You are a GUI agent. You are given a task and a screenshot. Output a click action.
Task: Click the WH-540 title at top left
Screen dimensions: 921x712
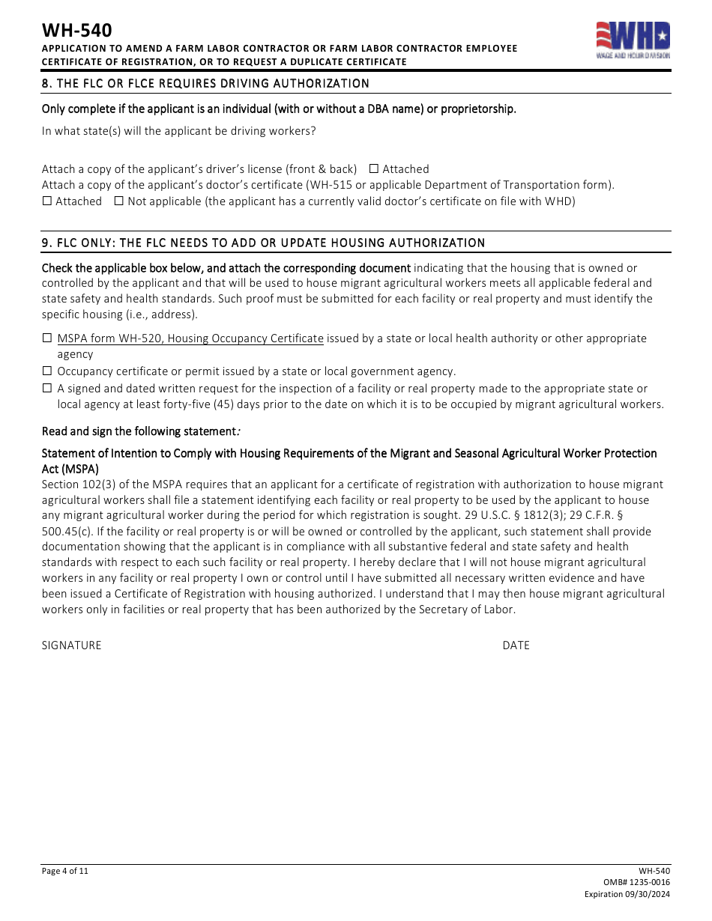coord(76,30)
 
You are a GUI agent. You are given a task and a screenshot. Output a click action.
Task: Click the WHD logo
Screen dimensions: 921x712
coord(633,40)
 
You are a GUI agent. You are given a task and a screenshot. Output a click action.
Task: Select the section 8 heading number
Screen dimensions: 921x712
coord(46,83)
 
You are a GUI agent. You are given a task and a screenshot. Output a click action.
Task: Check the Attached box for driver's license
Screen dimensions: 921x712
coord(374,169)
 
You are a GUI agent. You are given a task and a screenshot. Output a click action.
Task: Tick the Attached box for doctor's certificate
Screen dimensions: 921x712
coord(47,201)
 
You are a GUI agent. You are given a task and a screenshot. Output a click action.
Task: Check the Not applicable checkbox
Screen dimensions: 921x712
coord(118,201)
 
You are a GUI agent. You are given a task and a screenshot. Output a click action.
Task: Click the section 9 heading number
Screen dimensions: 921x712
coord(46,243)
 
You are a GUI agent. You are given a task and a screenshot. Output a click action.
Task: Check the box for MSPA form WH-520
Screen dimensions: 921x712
coord(47,338)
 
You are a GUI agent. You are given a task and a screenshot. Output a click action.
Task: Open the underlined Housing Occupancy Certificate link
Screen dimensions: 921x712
coord(190,338)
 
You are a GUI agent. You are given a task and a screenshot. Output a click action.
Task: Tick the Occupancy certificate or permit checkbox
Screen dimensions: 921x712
coord(47,371)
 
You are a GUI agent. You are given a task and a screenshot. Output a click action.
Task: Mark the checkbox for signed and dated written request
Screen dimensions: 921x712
coord(47,389)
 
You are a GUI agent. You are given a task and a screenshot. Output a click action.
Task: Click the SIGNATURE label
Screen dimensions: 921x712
coord(71,645)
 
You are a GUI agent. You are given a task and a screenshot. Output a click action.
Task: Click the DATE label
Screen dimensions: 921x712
coord(516,645)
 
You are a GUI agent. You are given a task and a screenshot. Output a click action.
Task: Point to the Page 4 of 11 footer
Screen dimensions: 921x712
coord(65,871)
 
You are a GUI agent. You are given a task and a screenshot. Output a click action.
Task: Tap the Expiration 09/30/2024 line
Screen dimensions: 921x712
coord(627,895)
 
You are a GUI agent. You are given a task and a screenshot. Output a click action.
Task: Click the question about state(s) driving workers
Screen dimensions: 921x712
coord(178,131)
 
